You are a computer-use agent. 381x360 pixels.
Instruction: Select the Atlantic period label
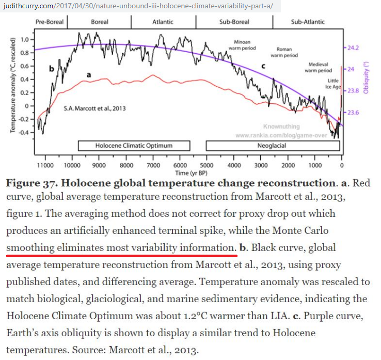[x=163, y=22]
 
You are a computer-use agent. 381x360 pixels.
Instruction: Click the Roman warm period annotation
[x=284, y=52]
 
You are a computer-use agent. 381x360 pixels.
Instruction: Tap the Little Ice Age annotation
[x=332, y=84]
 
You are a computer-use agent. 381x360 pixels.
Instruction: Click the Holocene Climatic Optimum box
[x=134, y=146]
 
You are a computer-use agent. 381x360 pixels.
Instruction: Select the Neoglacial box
[x=272, y=146]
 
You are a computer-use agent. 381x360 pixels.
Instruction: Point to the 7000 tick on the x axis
[x=153, y=165]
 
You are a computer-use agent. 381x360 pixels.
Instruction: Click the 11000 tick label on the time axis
[x=45, y=165]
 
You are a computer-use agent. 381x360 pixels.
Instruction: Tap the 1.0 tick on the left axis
[x=24, y=39]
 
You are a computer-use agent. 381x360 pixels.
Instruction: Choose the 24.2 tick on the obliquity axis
[x=354, y=48]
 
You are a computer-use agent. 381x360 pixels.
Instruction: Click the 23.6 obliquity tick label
[x=354, y=113]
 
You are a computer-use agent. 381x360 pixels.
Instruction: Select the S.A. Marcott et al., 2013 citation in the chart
[x=94, y=108]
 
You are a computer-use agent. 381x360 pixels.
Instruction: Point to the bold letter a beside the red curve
[x=89, y=75]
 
